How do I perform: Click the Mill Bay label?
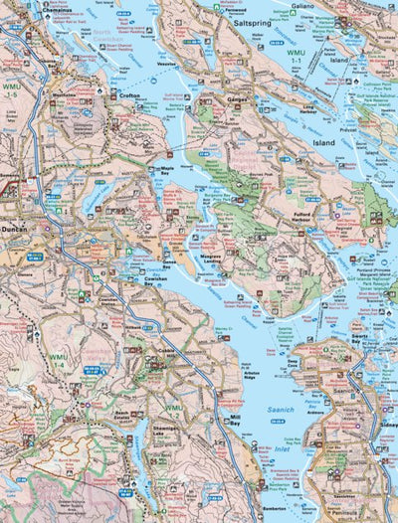pyautogui.click(x=234, y=420)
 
